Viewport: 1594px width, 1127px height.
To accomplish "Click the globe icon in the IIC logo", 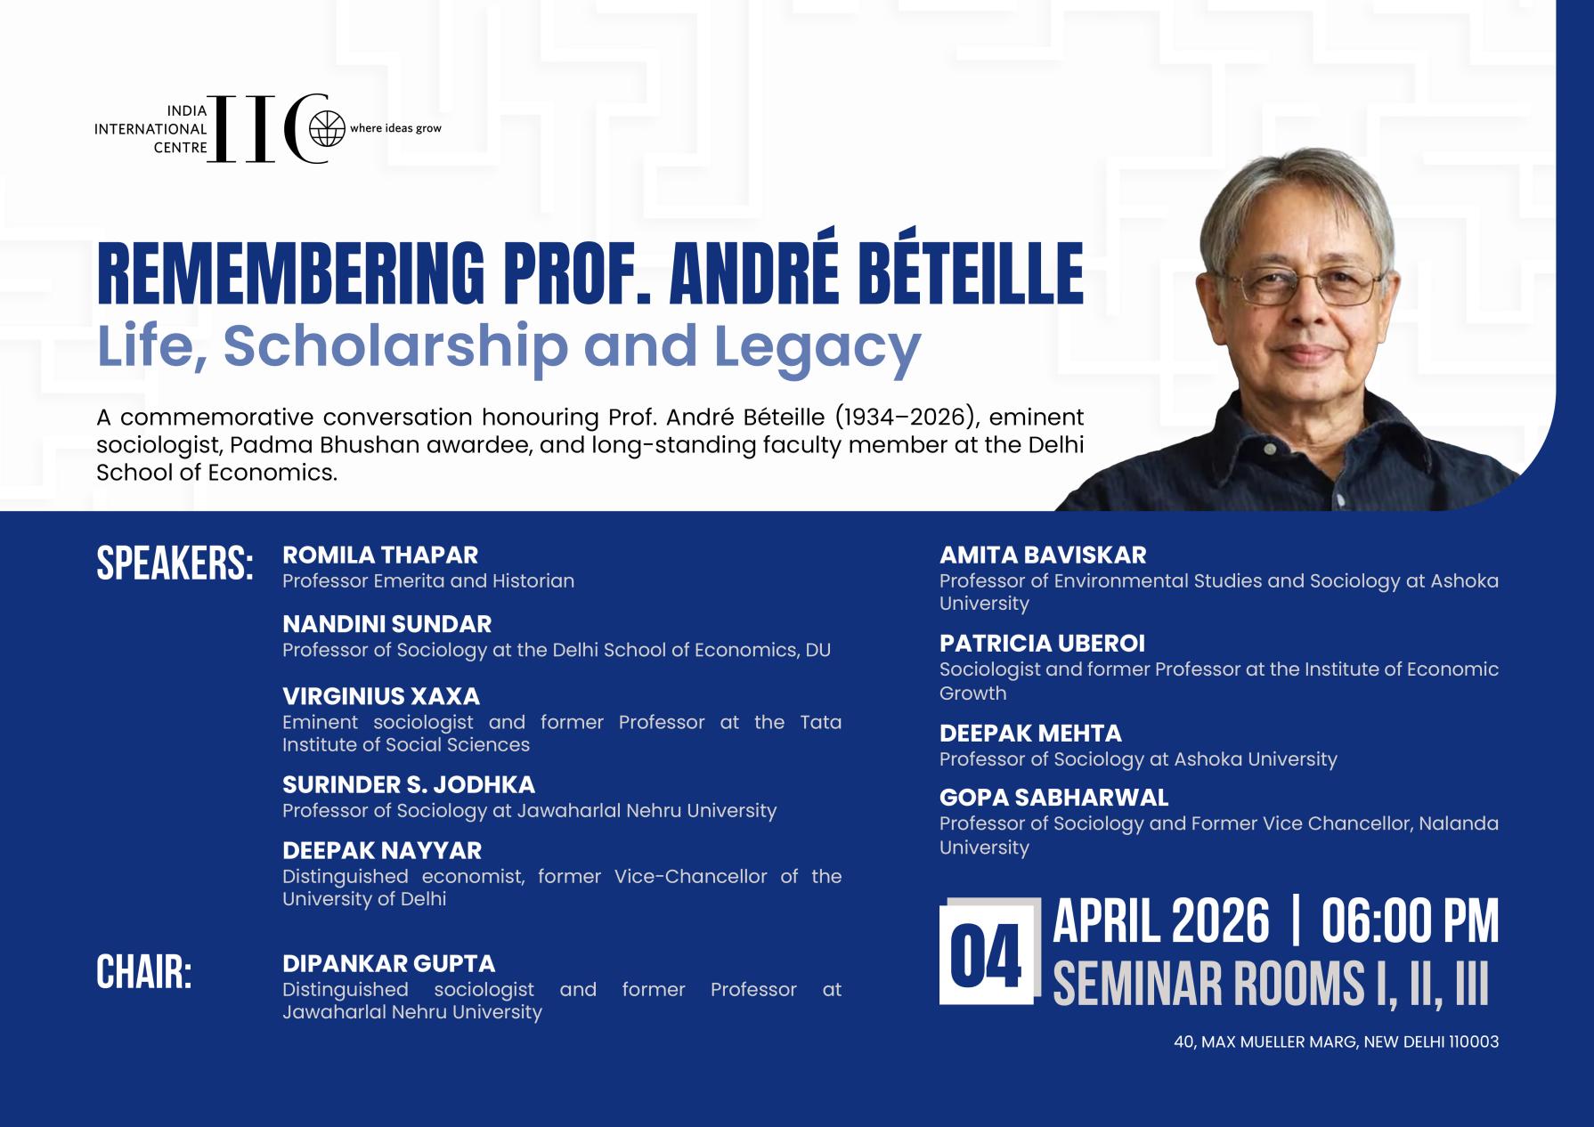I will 326,129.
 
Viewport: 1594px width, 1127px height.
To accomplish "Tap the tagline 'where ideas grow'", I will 395,128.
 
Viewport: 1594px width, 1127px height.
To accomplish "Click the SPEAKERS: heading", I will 175,563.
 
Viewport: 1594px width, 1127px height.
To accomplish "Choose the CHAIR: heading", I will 143,973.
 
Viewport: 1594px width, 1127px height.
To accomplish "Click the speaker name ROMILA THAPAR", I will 380,555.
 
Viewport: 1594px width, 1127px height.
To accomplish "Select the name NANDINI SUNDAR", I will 386,624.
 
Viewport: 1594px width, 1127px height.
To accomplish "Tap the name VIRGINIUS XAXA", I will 381,696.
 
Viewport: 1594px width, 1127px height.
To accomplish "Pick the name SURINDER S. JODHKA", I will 409,784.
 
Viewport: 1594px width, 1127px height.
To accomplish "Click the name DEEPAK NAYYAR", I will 382,850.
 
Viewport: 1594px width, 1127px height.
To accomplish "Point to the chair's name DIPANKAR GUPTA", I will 388,963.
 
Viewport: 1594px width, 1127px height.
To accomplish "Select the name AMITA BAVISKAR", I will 1043,555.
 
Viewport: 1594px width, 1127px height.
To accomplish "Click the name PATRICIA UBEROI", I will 1042,643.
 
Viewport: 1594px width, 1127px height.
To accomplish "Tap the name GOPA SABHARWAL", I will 1053,798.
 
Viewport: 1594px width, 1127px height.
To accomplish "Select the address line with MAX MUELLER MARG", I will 1336,1042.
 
